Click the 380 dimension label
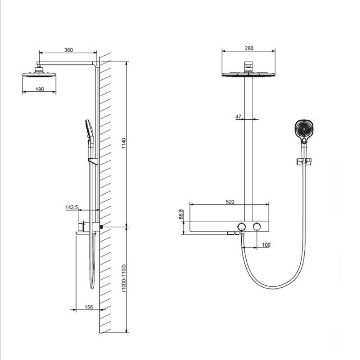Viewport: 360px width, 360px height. coord(69,50)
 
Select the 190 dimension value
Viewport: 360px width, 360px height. coord(40,89)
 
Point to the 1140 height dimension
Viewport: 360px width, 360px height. coord(124,143)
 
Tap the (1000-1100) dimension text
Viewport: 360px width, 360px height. coord(124,278)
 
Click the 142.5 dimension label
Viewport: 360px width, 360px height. coord(72,207)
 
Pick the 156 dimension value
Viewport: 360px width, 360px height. coord(89,307)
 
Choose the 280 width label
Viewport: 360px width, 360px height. coord(249,48)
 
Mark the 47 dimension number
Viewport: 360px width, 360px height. coord(238,117)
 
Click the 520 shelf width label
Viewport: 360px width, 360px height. coord(230,202)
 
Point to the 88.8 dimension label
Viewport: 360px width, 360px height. coord(181,214)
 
